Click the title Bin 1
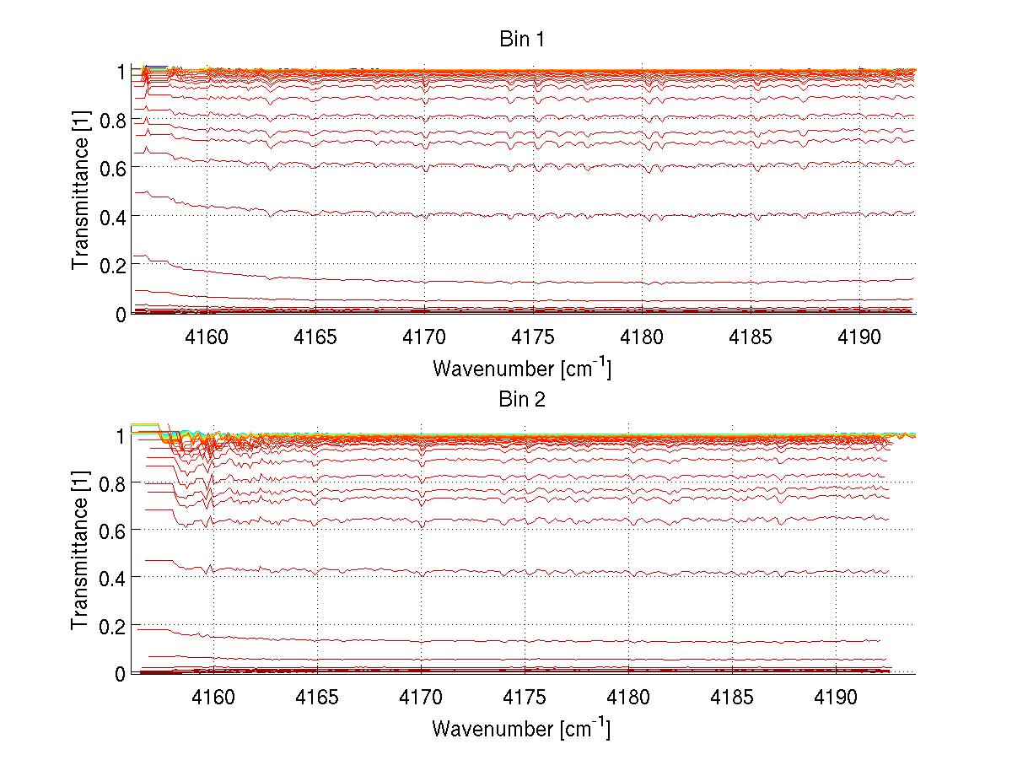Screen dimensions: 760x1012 [x=522, y=40]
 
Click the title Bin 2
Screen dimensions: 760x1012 [x=522, y=400]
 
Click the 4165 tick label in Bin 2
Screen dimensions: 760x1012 [x=317, y=697]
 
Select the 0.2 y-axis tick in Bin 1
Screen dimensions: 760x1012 [x=112, y=265]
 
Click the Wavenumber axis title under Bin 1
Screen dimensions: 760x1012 [x=522, y=368]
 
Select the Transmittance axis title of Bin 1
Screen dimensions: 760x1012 [x=80, y=192]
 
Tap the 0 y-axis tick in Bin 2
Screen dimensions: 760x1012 [x=121, y=673]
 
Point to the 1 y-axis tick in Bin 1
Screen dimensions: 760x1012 [x=121, y=73]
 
